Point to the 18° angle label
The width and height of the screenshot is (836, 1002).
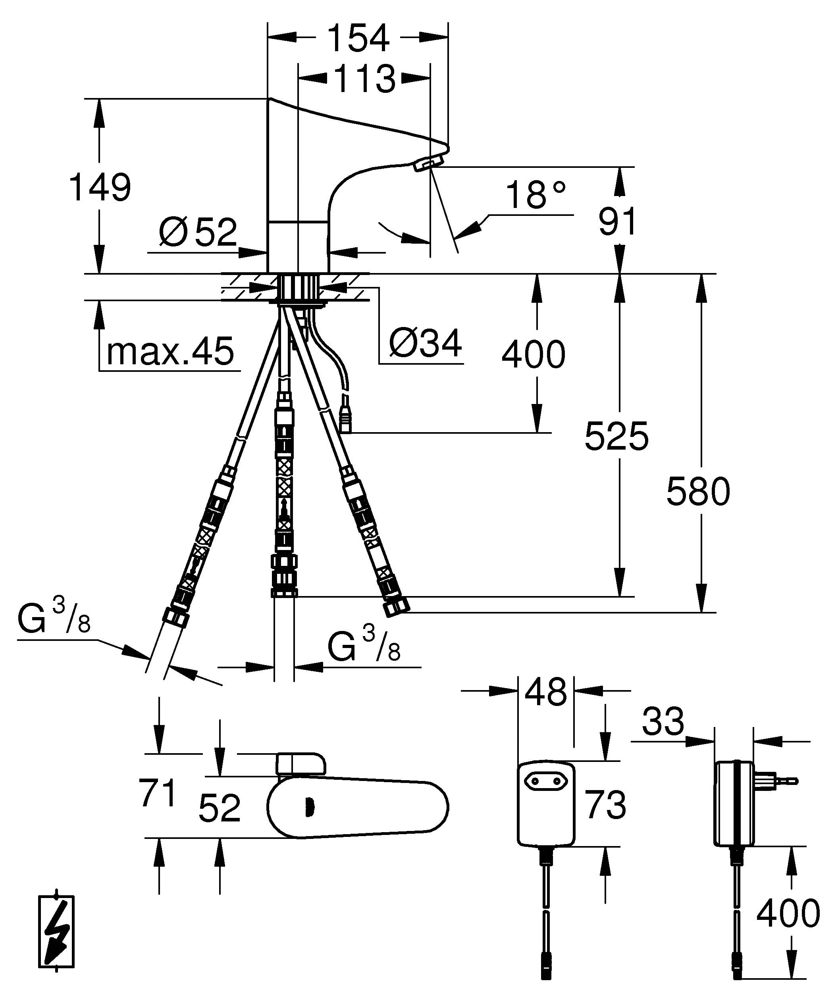[536, 195]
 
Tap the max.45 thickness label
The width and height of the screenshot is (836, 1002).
[170, 351]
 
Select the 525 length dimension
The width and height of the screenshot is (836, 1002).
[616, 436]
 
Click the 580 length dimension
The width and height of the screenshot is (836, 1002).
[698, 491]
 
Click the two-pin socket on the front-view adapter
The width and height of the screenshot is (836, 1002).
[545, 781]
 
